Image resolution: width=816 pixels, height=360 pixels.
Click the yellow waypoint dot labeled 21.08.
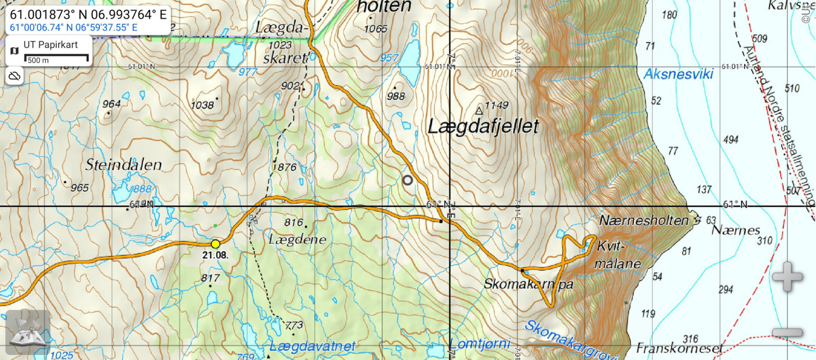pyautogui.click(x=216, y=244)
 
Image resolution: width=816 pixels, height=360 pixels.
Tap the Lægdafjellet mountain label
pyautogui.click(x=483, y=126)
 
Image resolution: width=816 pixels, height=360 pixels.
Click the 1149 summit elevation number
pyautogui.click(x=496, y=106)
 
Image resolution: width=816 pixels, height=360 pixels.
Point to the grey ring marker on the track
pyautogui.click(x=407, y=180)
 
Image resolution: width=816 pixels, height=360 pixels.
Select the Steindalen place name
pyautogui.click(x=123, y=165)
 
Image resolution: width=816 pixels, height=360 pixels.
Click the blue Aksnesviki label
pyautogui.click(x=678, y=74)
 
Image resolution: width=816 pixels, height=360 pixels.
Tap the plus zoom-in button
pyautogui.click(x=787, y=277)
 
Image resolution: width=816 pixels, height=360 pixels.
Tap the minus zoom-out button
pyautogui.click(x=787, y=332)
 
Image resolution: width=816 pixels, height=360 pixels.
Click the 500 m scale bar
pyautogui.click(x=56, y=59)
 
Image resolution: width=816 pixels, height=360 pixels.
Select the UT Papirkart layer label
pyautogui.click(x=50, y=45)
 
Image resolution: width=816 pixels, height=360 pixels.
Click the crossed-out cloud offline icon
pyautogui.click(x=14, y=76)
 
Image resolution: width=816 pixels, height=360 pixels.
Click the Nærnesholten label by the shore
pyautogui.click(x=644, y=221)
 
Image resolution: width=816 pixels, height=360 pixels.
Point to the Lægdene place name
pyautogui.click(x=297, y=239)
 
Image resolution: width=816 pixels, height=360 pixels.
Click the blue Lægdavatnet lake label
pyautogui.click(x=312, y=347)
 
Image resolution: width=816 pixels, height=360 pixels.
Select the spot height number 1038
pyautogui.click(x=202, y=105)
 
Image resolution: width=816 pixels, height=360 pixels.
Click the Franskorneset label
pyautogui.click(x=679, y=349)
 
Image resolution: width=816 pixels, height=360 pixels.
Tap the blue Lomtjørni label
pyautogui.click(x=480, y=344)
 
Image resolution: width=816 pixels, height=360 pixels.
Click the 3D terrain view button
pyautogui.click(x=28, y=332)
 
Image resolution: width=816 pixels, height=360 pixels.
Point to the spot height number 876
pyautogui.click(x=287, y=167)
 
